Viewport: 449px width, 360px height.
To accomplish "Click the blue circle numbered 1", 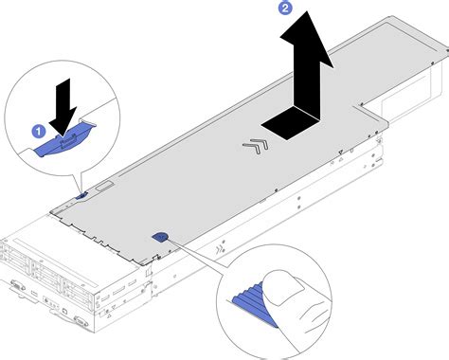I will tap(39, 132).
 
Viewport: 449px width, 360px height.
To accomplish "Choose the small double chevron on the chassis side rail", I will tap(220, 251).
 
